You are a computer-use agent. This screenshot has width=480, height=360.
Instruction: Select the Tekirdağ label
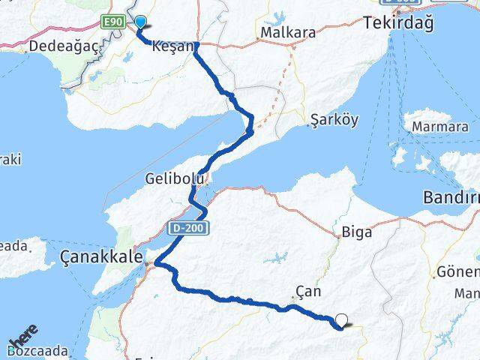(x=398, y=23)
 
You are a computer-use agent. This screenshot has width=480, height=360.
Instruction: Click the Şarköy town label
(x=334, y=120)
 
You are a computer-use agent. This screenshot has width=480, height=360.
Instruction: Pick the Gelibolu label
(x=174, y=179)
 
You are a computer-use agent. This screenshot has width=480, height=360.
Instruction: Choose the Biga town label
(x=356, y=231)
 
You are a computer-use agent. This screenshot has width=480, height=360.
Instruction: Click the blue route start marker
(x=140, y=23)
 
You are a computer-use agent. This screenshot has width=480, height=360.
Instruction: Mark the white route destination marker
(x=342, y=320)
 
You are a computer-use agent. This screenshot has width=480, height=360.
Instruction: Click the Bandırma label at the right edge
(x=451, y=199)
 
